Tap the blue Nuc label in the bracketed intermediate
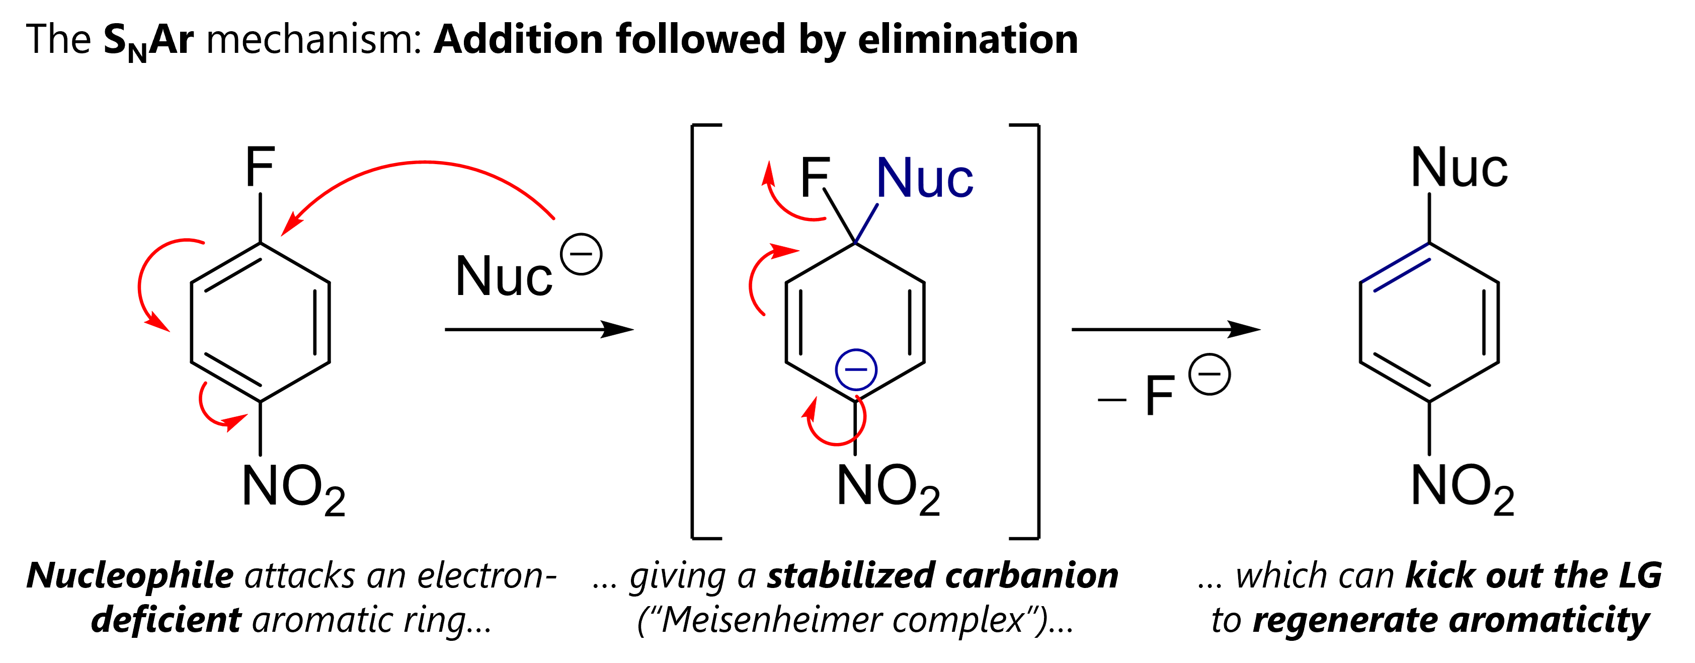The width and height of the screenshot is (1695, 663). [x=925, y=178]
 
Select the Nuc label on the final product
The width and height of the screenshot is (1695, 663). [x=1460, y=168]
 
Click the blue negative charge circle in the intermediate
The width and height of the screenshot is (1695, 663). [x=856, y=370]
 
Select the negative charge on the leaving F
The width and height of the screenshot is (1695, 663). [x=1209, y=375]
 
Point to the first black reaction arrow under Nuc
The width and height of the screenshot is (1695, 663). [x=538, y=329]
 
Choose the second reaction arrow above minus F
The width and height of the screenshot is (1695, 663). [x=1165, y=329]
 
